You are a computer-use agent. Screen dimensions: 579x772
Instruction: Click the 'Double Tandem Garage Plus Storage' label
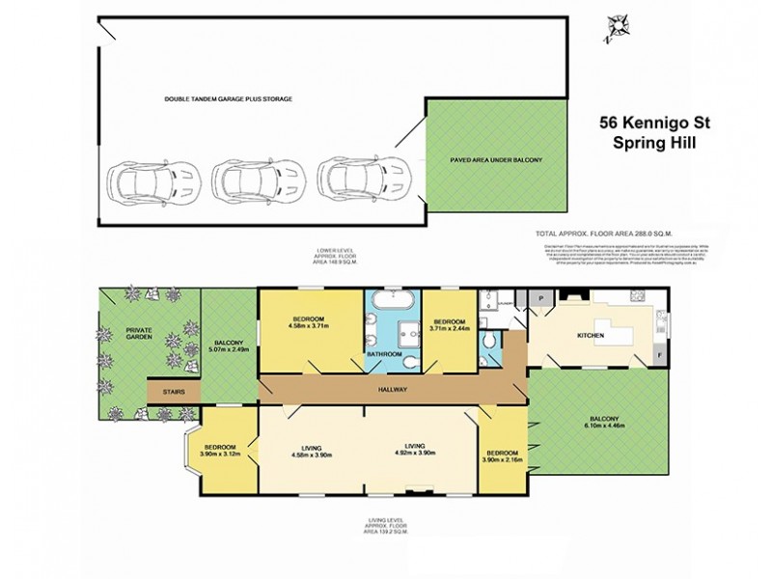point(227,99)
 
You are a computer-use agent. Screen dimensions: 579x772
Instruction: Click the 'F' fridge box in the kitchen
point(660,354)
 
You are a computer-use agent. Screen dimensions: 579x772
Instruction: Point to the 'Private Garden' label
point(144,333)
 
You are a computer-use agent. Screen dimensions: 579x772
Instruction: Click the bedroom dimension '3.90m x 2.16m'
point(505,460)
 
